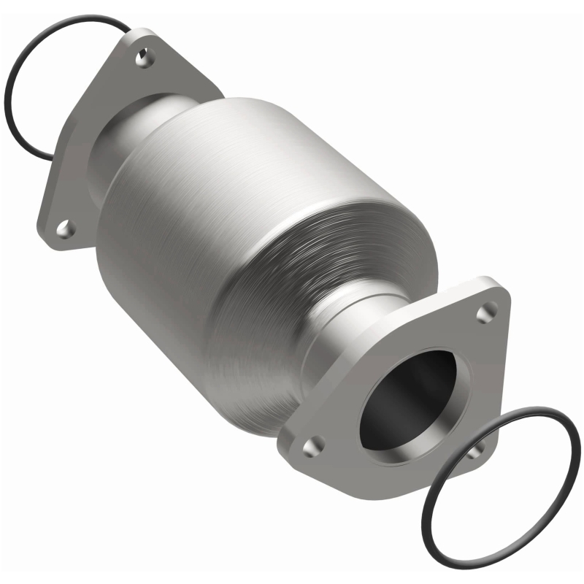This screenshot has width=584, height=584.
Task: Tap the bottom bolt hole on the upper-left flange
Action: coord(66,228)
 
